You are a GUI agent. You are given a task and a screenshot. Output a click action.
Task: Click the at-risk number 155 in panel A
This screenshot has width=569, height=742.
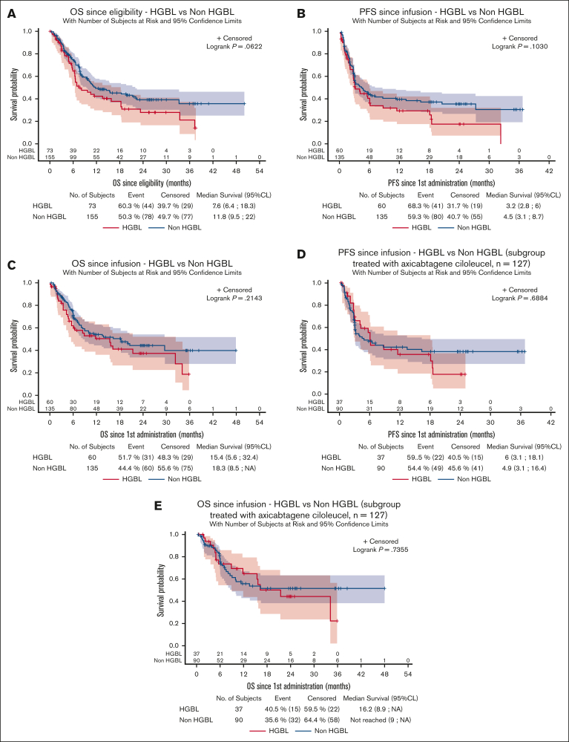click(x=50, y=157)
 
